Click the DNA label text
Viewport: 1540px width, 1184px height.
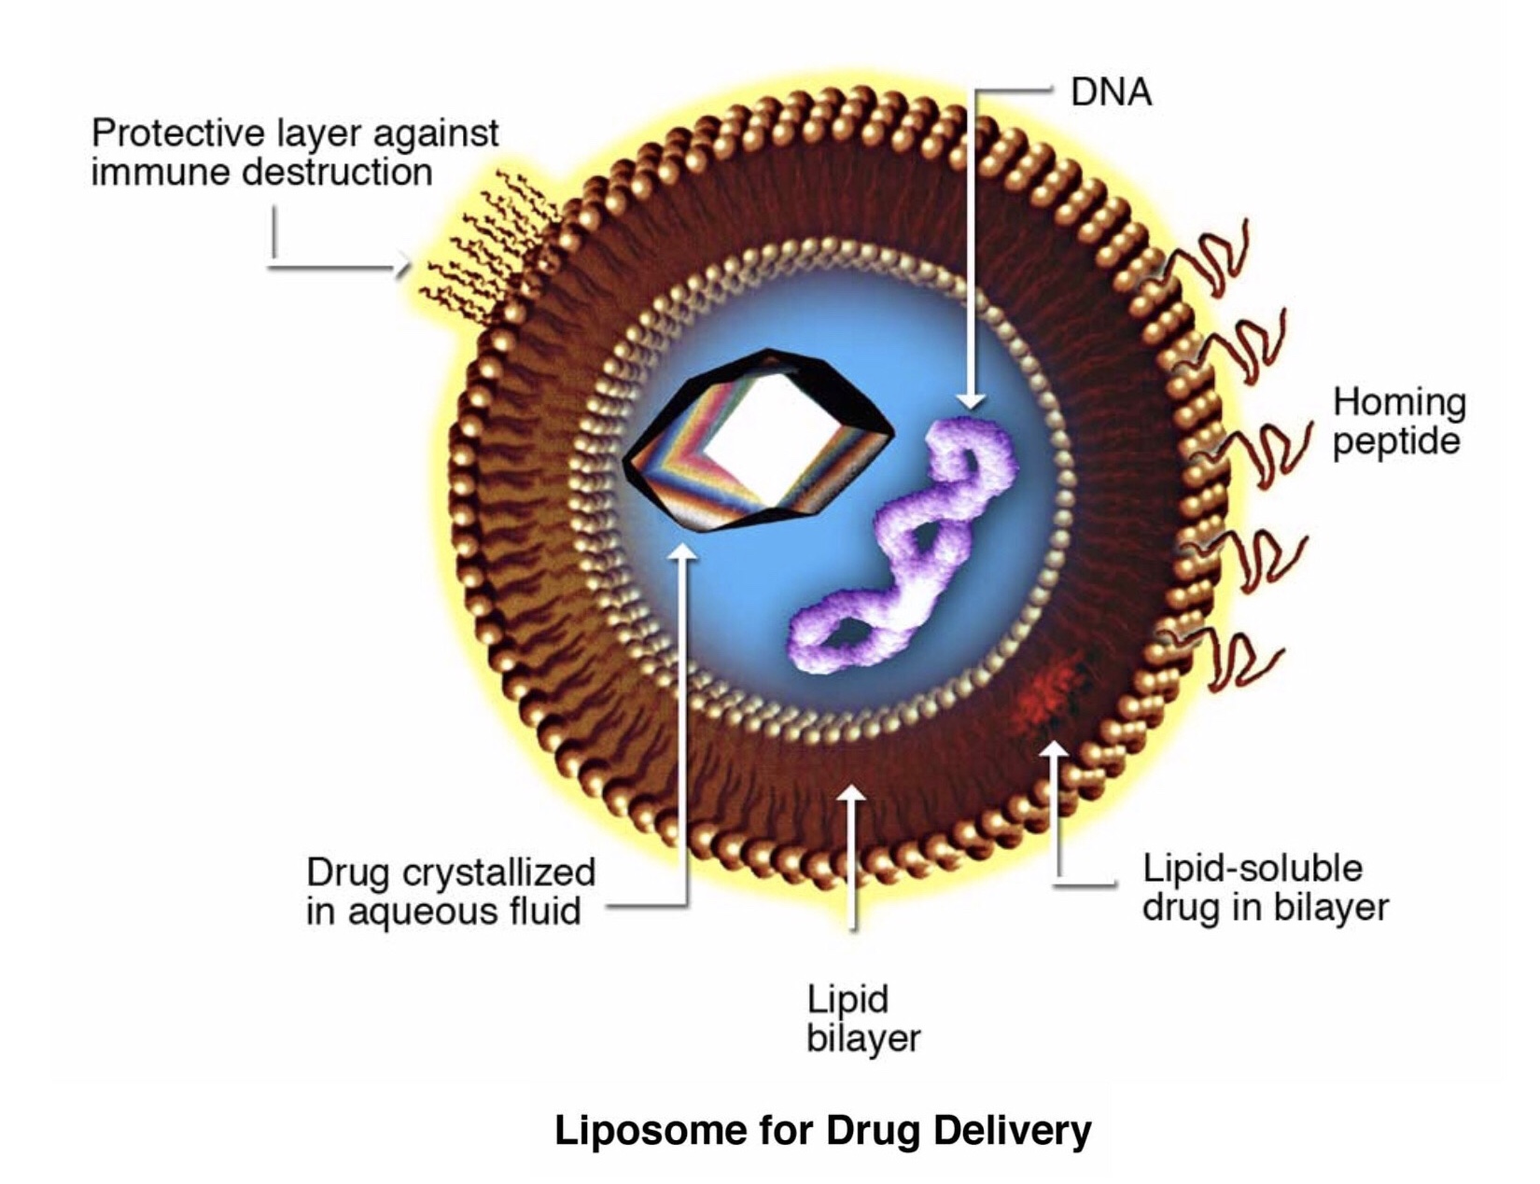1110,92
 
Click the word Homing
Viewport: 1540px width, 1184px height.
1399,402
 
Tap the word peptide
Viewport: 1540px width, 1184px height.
1395,441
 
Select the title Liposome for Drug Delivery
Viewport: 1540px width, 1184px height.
822,1130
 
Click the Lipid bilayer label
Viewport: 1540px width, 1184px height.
862,1019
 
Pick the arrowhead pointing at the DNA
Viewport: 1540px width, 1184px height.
972,401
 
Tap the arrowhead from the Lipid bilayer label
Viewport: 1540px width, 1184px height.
851,796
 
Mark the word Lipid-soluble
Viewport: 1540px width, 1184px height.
1252,869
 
